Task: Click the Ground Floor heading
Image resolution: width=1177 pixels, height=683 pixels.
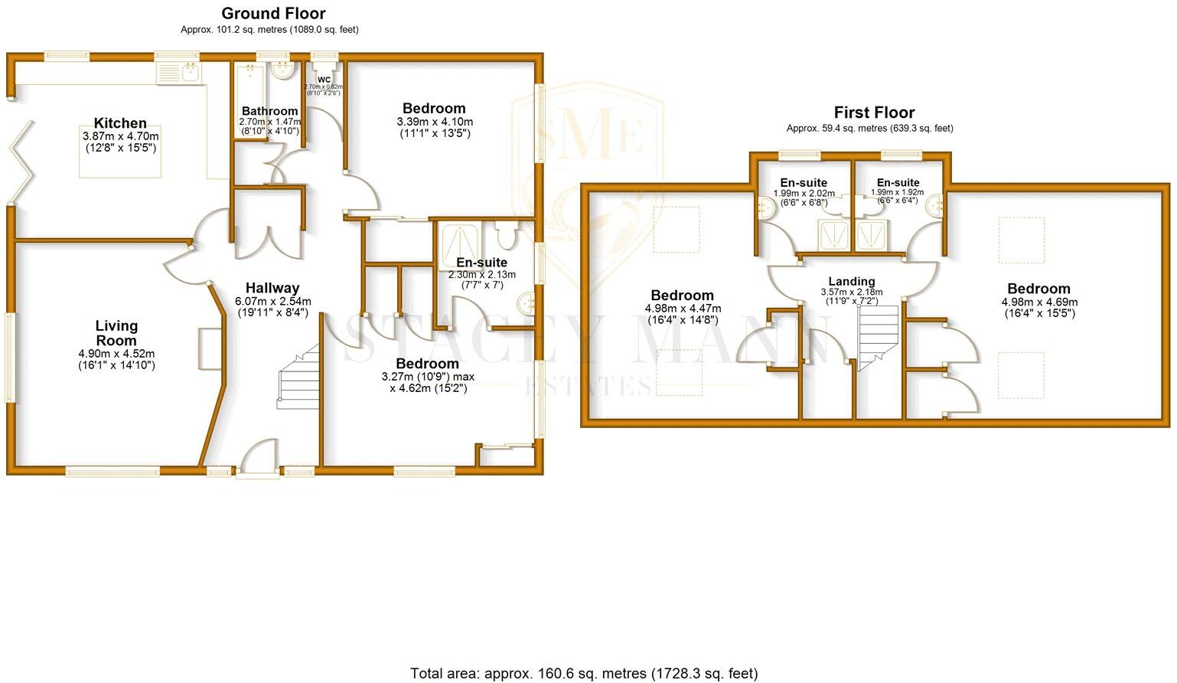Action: [x=273, y=14]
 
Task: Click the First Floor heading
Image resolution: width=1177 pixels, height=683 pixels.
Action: [x=874, y=113]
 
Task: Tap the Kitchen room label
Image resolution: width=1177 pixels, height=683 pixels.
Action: [x=120, y=123]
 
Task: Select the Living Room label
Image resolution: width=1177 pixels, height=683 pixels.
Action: [x=116, y=333]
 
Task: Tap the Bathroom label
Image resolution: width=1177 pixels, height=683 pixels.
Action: [x=269, y=111]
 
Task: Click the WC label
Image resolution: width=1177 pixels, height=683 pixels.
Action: [x=324, y=79]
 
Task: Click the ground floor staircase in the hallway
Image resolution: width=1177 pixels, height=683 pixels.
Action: [x=299, y=377]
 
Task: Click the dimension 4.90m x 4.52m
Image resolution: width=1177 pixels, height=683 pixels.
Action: [x=116, y=354]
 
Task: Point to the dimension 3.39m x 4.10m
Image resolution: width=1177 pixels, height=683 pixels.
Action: [x=435, y=122]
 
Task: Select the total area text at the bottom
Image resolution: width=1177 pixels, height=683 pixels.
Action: [x=584, y=673]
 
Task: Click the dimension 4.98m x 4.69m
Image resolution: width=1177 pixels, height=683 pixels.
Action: [x=1038, y=302]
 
